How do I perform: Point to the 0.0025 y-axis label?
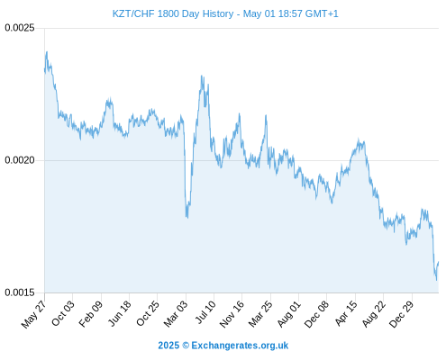click(20, 28)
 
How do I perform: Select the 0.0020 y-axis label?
click(20, 160)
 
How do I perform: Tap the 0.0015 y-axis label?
click(20, 292)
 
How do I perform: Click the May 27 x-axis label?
click(33, 314)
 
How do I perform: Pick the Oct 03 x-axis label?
click(62, 313)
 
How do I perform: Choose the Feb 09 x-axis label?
click(91, 313)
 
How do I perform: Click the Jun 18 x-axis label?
click(120, 313)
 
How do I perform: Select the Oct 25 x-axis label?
click(148, 313)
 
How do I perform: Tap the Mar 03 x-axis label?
click(176, 313)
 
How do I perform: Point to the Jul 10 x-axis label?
click(205, 312)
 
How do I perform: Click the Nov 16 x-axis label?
click(232, 314)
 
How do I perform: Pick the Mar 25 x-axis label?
click(260, 313)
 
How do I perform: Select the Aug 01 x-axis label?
click(288, 314)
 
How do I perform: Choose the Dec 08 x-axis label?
click(316, 314)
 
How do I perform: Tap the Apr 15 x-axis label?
click(346, 313)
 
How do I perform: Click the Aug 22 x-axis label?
click(374, 314)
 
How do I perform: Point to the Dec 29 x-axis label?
click(402, 314)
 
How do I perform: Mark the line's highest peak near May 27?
click(47, 52)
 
